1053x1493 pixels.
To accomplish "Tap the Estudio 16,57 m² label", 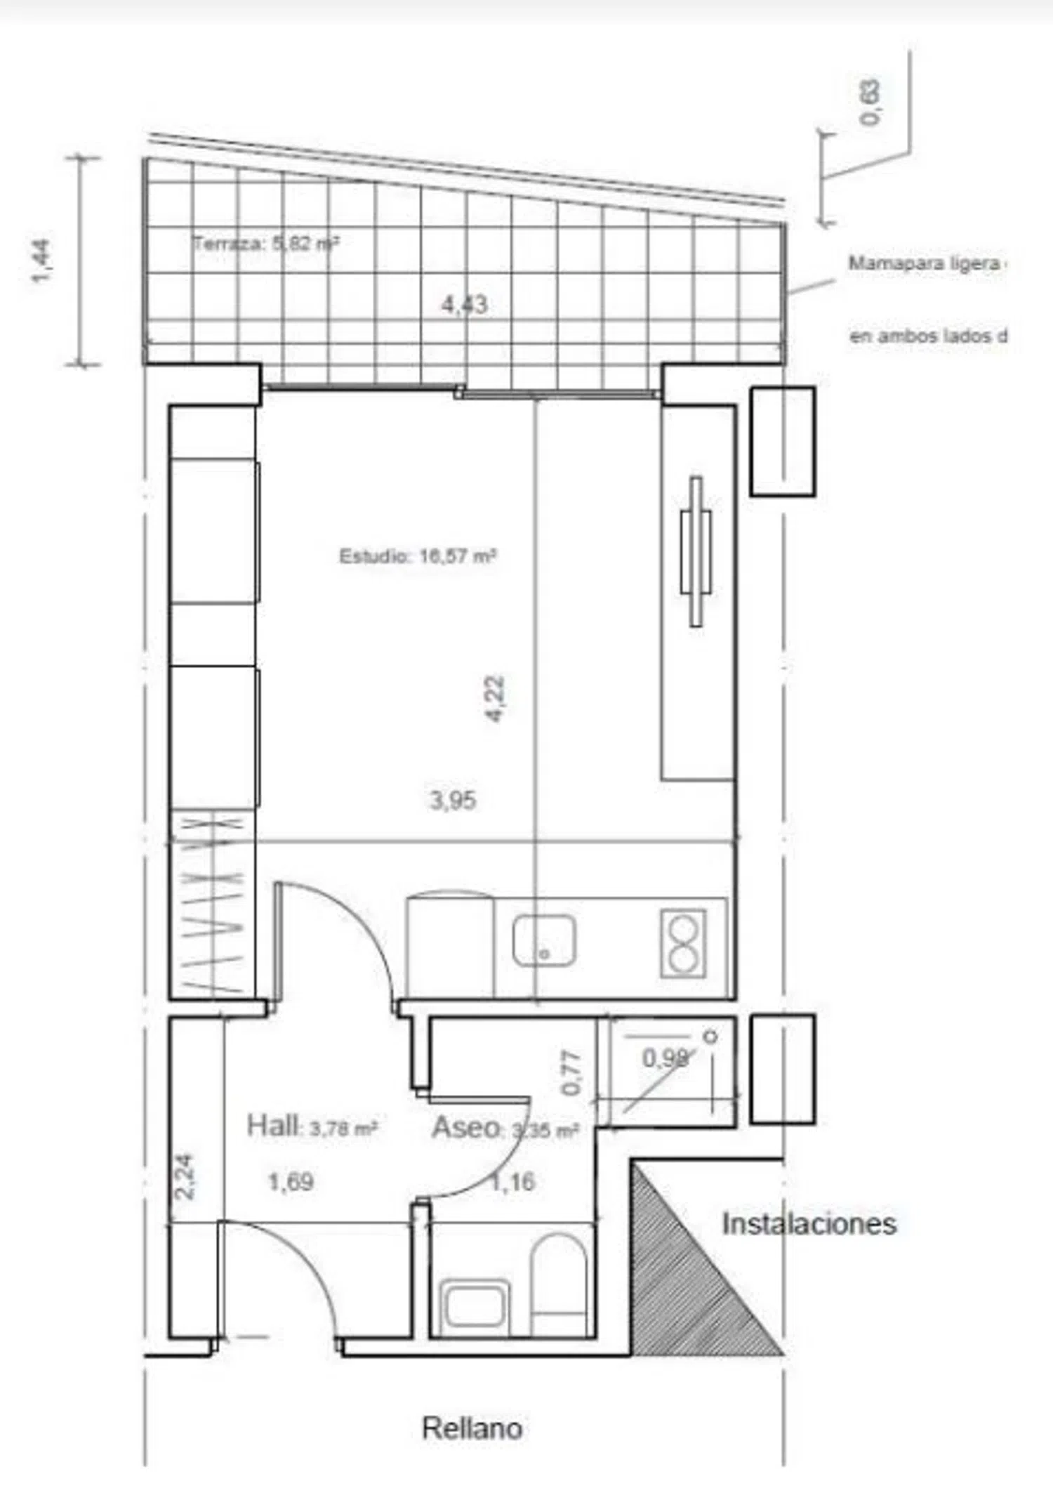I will tap(418, 556).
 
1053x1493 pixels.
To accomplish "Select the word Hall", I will tap(272, 1126).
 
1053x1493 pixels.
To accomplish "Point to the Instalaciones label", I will tap(809, 1223).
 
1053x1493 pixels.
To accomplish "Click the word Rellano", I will tap(472, 1428).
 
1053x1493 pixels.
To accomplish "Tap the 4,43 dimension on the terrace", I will tap(464, 305).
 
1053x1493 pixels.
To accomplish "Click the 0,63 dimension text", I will tap(870, 103).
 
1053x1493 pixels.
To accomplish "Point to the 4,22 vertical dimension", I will tap(495, 698).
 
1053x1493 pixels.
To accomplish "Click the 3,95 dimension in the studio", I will tap(453, 800).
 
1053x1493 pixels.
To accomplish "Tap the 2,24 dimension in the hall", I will tap(185, 1176).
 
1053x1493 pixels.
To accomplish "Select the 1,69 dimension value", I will tap(291, 1182).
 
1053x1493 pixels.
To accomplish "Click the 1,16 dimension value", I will tap(512, 1182).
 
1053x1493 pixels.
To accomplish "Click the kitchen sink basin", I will tap(544, 940).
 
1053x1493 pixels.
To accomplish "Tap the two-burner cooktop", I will tap(683, 943).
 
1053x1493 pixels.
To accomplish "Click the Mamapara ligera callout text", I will tap(925, 264).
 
